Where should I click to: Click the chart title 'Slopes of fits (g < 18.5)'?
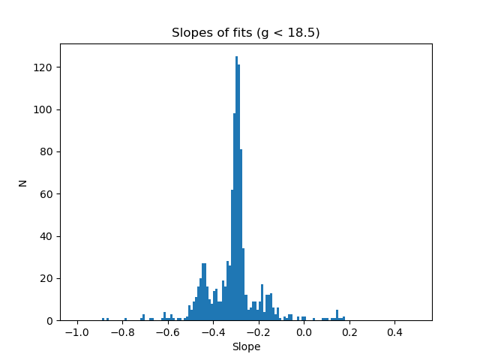click(245, 33)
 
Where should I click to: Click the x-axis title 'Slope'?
click(246, 347)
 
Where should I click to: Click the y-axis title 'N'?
click(23, 182)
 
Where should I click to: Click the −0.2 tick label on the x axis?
click(256, 331)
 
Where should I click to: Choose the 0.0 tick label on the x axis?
click(304, 331)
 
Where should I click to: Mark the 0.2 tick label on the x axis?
click(349, 331)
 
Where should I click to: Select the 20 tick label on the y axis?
click(47, 279)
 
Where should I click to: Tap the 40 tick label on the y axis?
click(47, 236)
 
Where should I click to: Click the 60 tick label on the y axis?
click(47, 194)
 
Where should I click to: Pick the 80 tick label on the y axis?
click(47, 152)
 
